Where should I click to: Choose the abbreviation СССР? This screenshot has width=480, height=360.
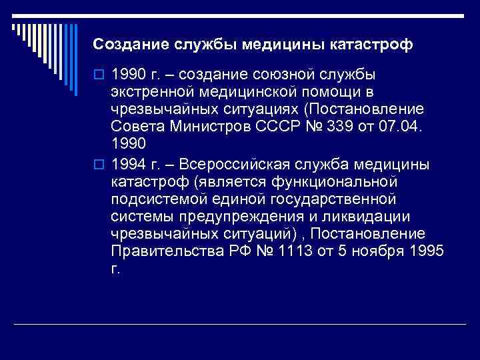(283, 127)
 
